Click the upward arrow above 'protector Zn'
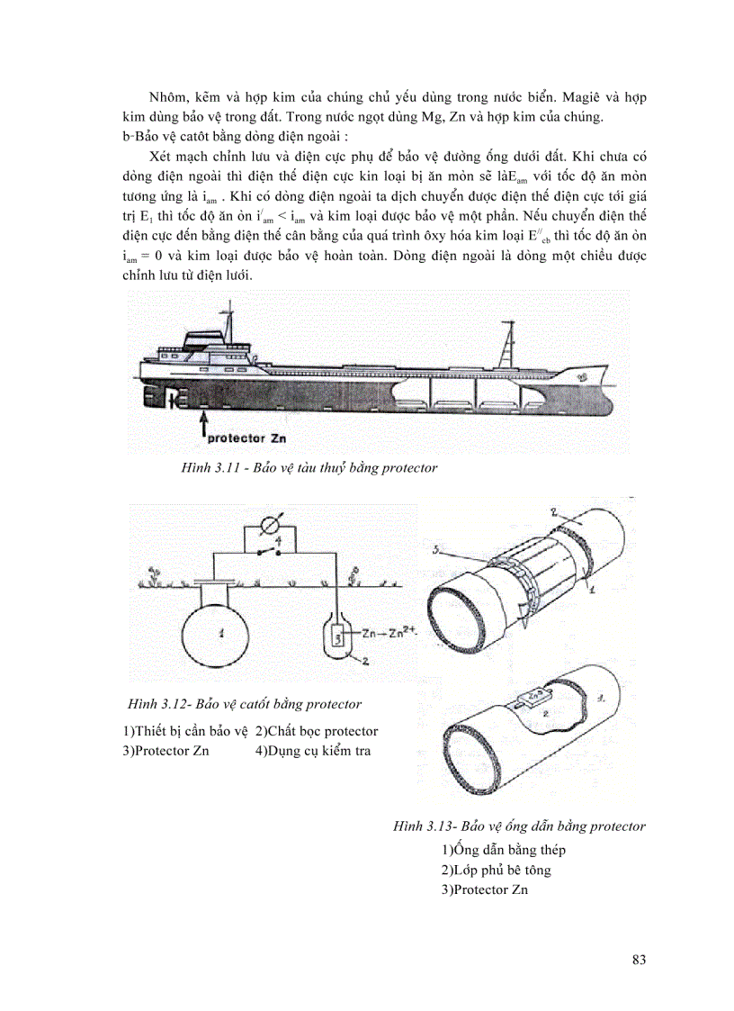point(204,420)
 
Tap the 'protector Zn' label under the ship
point(246,440)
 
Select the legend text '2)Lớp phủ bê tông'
point(496,871)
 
